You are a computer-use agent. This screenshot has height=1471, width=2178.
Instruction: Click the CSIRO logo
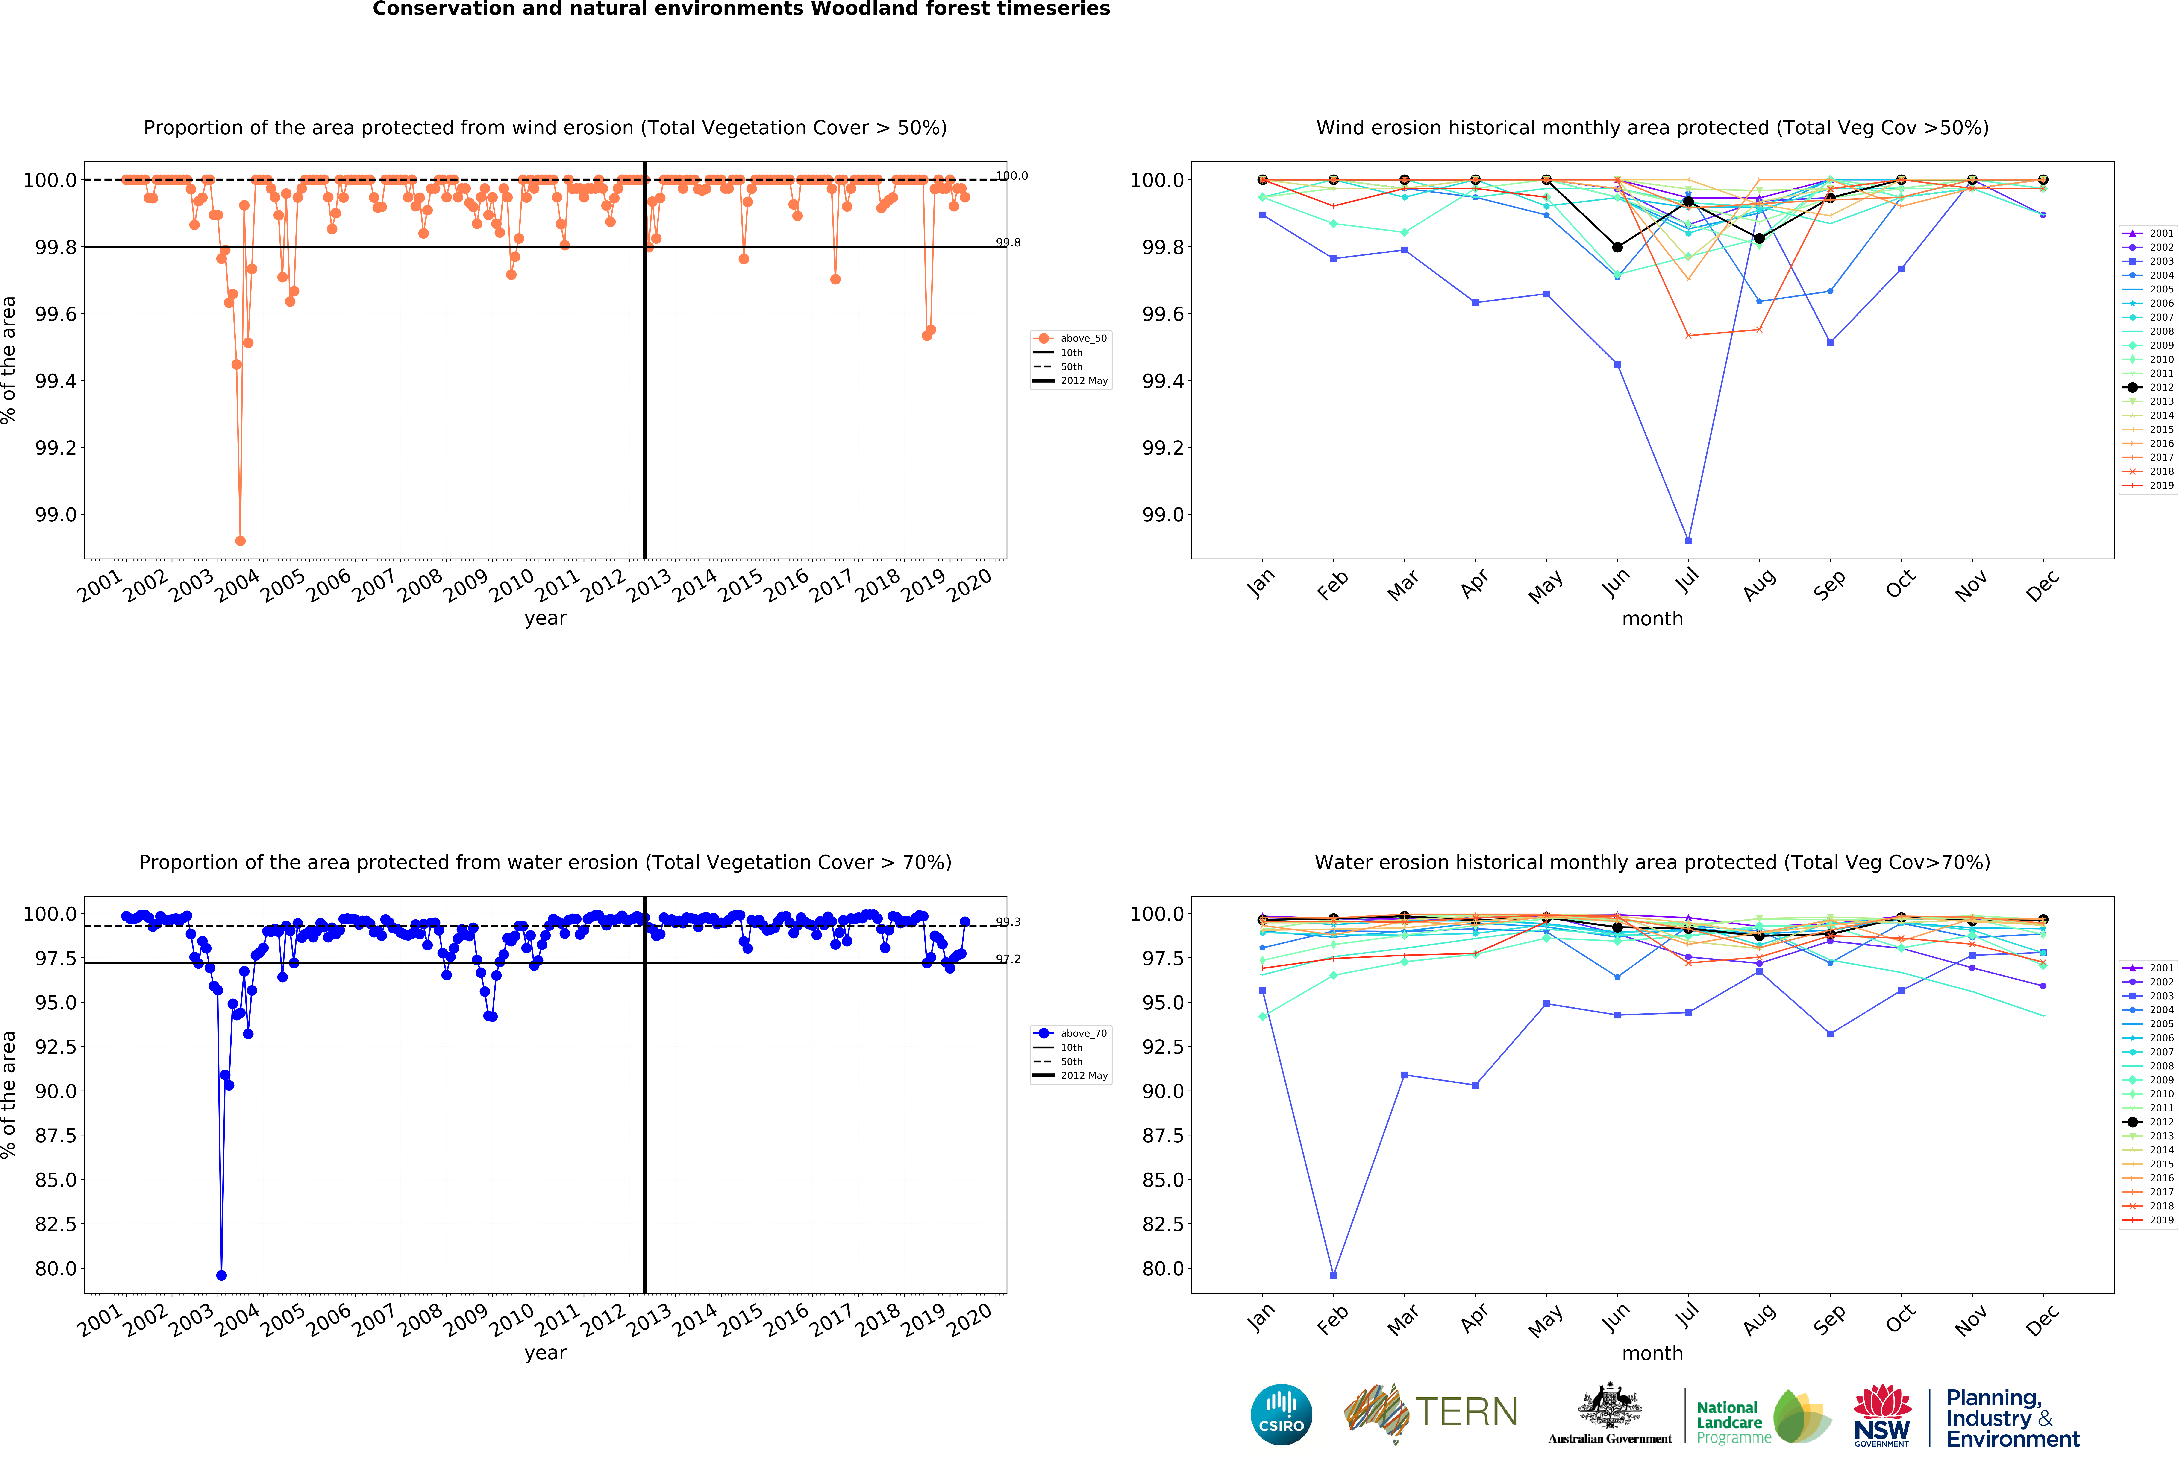[1281, 1414]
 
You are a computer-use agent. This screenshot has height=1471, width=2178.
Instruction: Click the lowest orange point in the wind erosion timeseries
[240, 541]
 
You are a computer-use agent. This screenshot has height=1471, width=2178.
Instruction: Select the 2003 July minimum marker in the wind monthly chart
[1688, 541]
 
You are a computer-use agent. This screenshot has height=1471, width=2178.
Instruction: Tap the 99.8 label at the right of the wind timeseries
[1008, 243]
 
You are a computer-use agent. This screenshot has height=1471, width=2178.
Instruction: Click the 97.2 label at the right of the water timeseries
[1008, 959]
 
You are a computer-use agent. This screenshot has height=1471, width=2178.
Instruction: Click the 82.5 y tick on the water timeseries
[56, 1224]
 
